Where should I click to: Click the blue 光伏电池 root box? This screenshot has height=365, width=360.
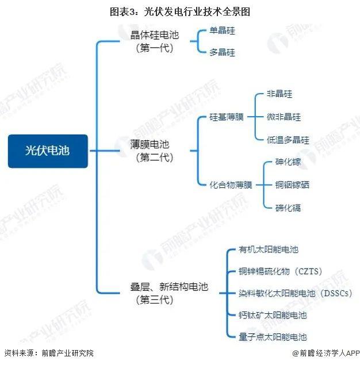[48, 151]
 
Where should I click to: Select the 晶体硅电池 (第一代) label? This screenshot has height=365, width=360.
[155, 41]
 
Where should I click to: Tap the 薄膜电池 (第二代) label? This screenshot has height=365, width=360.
[151, 151]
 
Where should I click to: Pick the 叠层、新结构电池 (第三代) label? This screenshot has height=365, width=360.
[169, 293]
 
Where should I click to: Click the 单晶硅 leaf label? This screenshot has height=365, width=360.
[222, 30]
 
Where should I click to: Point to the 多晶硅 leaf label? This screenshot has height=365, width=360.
[222, 52]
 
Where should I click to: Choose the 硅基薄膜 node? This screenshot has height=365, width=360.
[227, 117]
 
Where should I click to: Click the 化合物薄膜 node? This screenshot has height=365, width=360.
[231, 185]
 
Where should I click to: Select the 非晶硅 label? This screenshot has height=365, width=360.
[279, 94]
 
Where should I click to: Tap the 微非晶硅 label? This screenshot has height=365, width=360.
[284, 117]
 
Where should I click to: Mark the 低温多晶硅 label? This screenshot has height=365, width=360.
[288, 140]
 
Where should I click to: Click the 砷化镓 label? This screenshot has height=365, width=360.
[288, 162]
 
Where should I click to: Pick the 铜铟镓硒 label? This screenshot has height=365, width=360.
[292, 185]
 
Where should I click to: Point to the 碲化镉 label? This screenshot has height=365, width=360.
[288, 208]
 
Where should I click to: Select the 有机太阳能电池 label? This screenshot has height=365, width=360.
[268, 249]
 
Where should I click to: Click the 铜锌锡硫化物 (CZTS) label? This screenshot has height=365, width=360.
[281, 271]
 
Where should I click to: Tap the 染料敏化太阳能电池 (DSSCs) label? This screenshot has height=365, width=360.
[296, 293]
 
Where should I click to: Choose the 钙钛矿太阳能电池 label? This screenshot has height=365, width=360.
[273, 315]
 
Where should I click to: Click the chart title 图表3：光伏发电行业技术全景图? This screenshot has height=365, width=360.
[180, 11]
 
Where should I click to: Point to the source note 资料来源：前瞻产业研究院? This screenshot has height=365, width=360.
[49, 353]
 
